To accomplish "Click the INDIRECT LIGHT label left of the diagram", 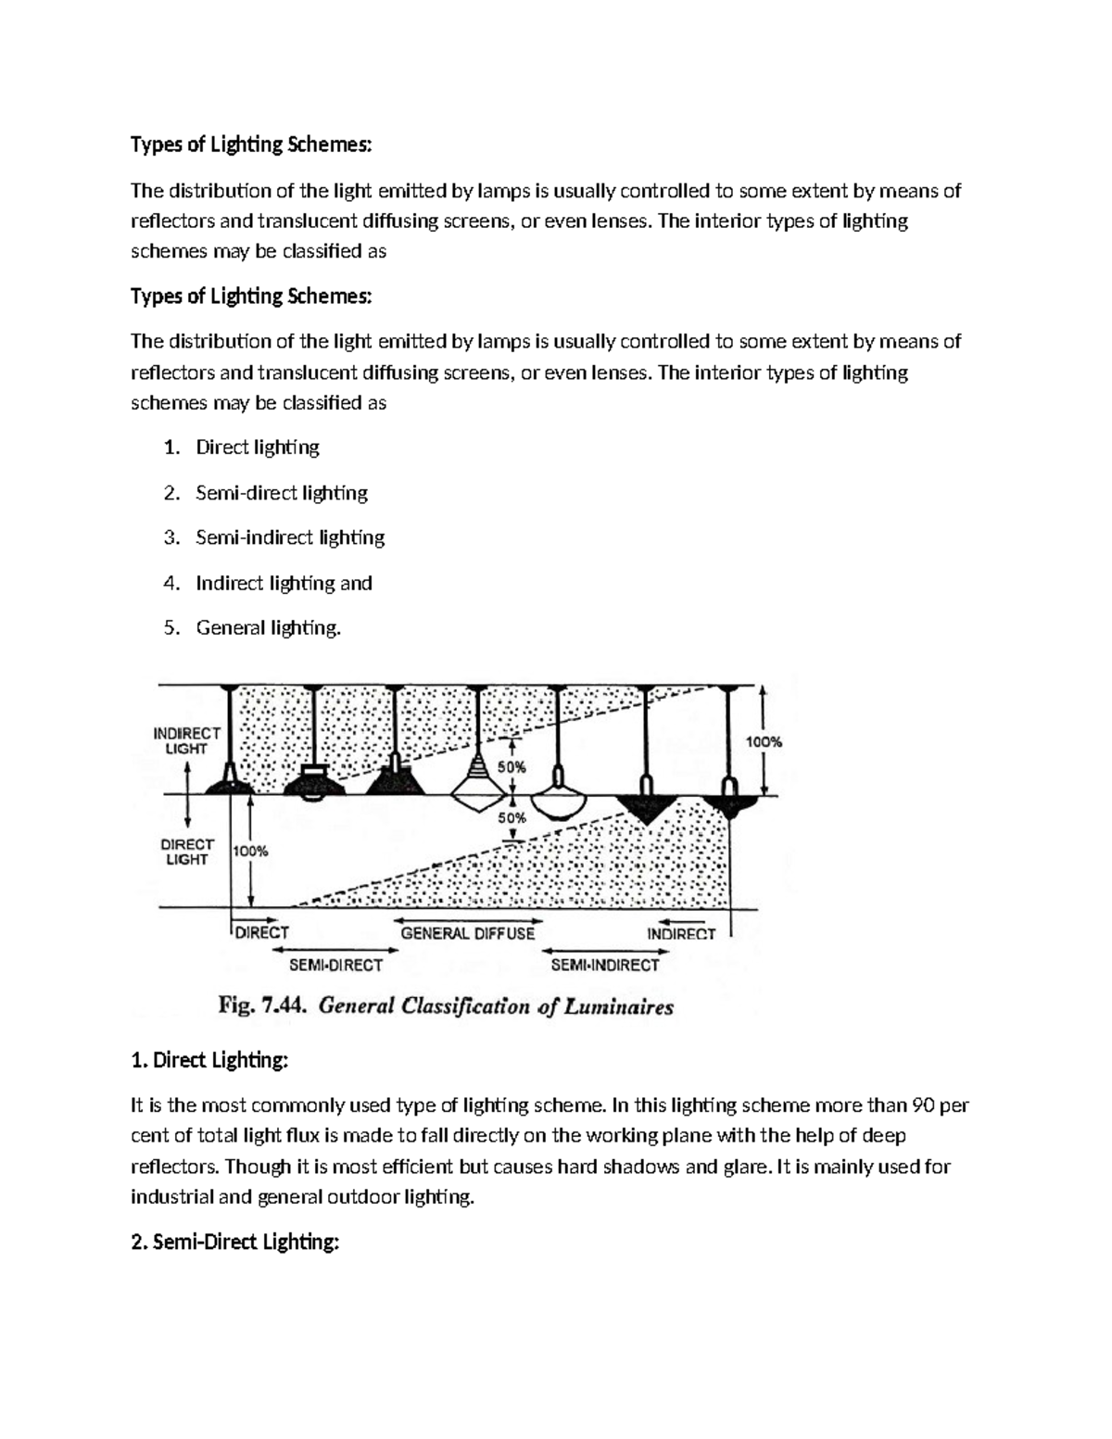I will (x=186, y=740).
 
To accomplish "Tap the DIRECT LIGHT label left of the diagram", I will (x=187, y=852).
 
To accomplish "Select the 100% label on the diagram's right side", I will (x=764, y=741).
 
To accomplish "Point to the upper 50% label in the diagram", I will (x=512, y=767).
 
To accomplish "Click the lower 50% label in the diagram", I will (x=512, y=818).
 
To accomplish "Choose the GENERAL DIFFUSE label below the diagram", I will (x=467, y=933).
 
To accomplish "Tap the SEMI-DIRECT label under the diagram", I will (x=335, y=965).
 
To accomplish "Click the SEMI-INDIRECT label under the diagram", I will (x=604, y=965).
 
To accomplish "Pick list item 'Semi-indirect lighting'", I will (x=289, y=537).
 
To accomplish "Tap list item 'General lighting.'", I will (x=268, y=627).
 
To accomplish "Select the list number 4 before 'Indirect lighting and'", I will (x=171, y=583).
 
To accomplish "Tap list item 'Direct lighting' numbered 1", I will (x=257, y=448).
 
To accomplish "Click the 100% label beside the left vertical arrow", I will (x=250, y=851).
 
